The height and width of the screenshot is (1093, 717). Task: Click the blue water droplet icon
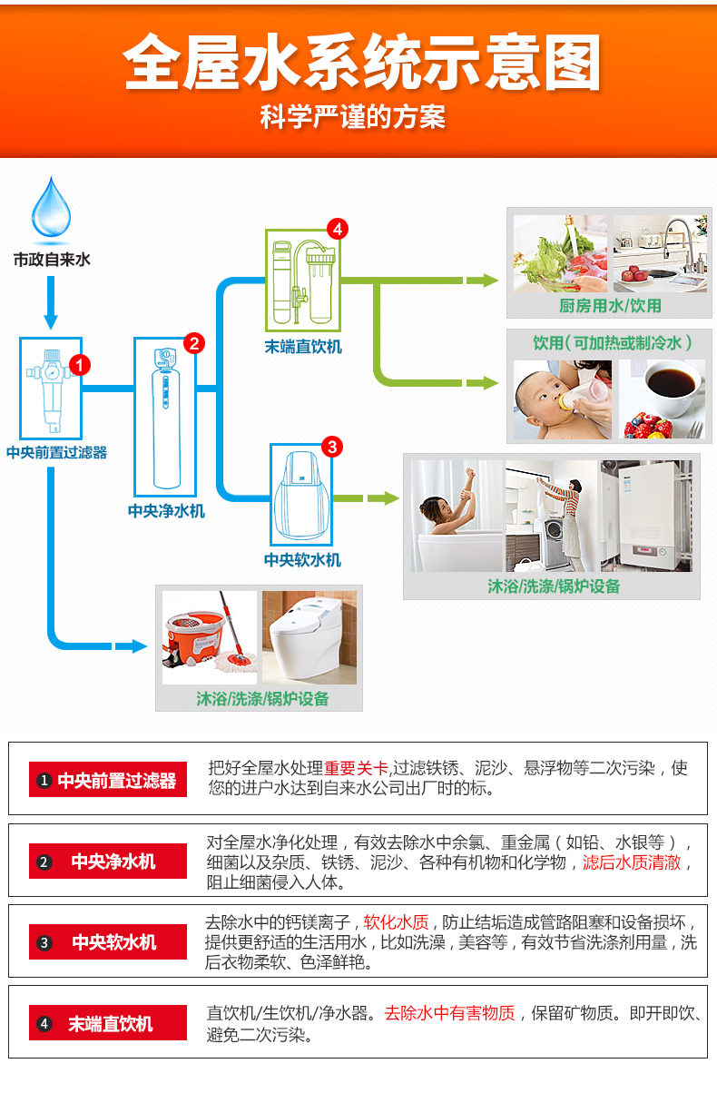pos(51,207)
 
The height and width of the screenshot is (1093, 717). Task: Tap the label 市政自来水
pos(52,260)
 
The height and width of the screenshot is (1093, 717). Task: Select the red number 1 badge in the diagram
pos(80,365)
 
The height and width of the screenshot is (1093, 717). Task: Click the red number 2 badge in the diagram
pos(194,342)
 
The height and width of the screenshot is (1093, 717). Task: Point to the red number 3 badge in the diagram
pos(332,446)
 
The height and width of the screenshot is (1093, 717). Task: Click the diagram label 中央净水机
pos(166,511)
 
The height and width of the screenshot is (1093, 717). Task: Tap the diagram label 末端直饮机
pos(303,347)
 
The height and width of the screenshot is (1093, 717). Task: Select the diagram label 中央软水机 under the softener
pos(302,560)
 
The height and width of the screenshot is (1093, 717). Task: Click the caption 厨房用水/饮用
pos(609,306)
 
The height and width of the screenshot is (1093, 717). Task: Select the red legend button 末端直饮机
pos(108,1024)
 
